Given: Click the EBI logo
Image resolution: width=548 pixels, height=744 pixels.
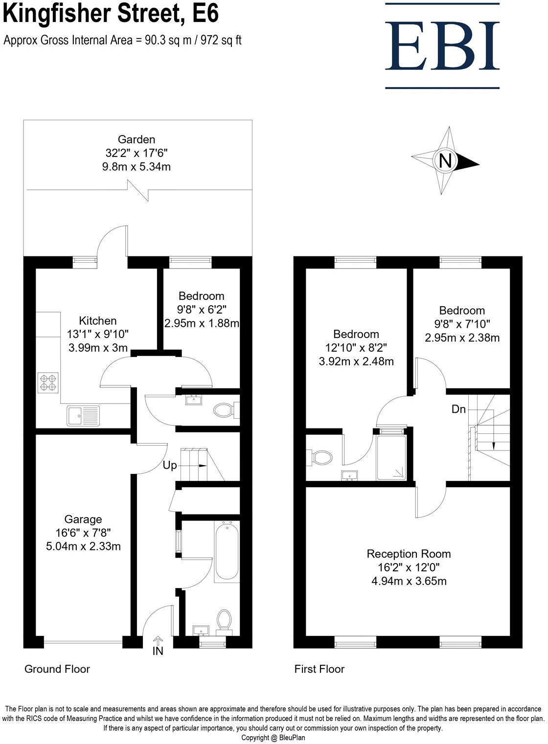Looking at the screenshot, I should coord(442,46).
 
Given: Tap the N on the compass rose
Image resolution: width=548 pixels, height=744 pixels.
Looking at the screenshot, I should coord(445,160).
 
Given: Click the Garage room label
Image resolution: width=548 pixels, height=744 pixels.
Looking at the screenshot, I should coord(83,519).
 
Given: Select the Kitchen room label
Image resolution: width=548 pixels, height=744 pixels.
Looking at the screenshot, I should coord(98,320).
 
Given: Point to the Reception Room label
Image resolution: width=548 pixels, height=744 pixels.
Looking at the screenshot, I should coord(409,554).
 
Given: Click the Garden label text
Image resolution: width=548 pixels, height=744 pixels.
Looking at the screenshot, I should coord(136,139).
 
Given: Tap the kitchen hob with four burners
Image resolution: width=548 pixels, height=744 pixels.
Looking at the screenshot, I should coord(48,382).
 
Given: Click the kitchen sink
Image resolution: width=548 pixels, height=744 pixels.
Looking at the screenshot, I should coord(83,415).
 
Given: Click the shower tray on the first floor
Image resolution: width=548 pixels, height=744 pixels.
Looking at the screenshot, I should coord(391,457).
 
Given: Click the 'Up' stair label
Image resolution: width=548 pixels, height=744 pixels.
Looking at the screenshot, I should coord(169,465).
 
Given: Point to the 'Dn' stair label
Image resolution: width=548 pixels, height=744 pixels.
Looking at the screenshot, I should coord(458,409).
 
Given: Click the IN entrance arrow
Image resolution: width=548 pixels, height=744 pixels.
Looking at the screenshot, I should coord(158,641).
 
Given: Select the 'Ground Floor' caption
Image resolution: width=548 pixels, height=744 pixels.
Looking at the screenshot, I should coord(57,669).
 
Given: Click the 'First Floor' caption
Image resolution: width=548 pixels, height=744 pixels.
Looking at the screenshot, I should coord(320,669).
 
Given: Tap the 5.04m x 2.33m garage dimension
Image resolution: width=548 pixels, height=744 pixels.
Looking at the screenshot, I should coord(83,546).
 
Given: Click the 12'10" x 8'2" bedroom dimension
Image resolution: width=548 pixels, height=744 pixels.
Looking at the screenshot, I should coord(356,348).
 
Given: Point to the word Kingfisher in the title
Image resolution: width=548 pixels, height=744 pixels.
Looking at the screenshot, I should coord(64,15).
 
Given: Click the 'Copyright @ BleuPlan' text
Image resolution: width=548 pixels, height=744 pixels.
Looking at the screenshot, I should coord(274,738).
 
